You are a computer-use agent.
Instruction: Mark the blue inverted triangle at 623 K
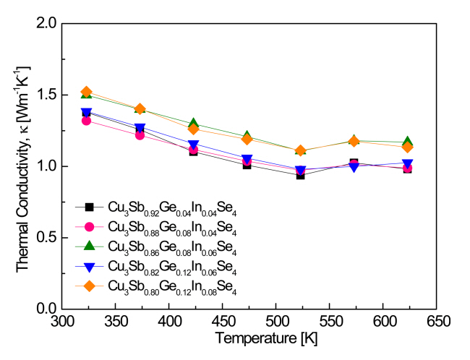click(x=408, y=163)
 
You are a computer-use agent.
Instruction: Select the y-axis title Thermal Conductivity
click(x=24, y=166)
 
